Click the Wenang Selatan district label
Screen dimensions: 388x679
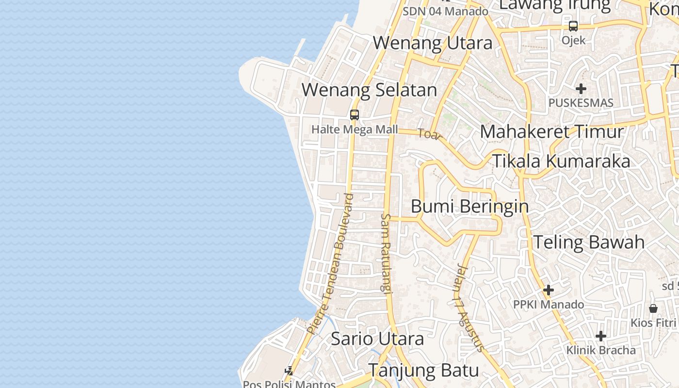pyautogui.click(x=369, y=90)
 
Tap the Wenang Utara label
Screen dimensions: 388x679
pyautogui.click(x=433, y=43)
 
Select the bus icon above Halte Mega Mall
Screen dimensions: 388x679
pyautogui.click(x=355, y=115)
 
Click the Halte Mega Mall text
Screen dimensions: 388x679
pyautogui.click(x=354, y=129)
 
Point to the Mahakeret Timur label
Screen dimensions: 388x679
pyautogui.click(x=551, y=132)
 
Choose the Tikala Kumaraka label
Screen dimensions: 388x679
pyautogui.click(x=561, y=161)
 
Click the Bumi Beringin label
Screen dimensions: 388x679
pyautogui.click(x=469, y=206)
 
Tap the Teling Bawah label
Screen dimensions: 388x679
pyautogui.click(x=589, y=242)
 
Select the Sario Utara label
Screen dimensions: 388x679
pyautogui.click(x=377, y=339)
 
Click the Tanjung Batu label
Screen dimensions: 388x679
pyautogui.click(x=423, y=371)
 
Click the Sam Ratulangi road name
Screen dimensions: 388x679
pyautogui.click(x=386, y=253)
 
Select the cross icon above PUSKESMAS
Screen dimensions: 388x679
pyautogui.click(x=581, y=89)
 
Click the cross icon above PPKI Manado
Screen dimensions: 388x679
pyautogui.click(x=549, y=290)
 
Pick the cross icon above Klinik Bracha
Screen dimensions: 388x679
pyautogui.click(x=601, y=336)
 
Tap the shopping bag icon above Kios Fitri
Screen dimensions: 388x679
pyautogui.click(x=653, y=308)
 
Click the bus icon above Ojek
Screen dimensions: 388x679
pyautogui.click(x=573, y=26)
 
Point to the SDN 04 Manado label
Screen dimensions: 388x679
pyautogui.click(x=445, y=11)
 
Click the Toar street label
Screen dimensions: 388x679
pyautogui.click(x=428, y=134)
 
